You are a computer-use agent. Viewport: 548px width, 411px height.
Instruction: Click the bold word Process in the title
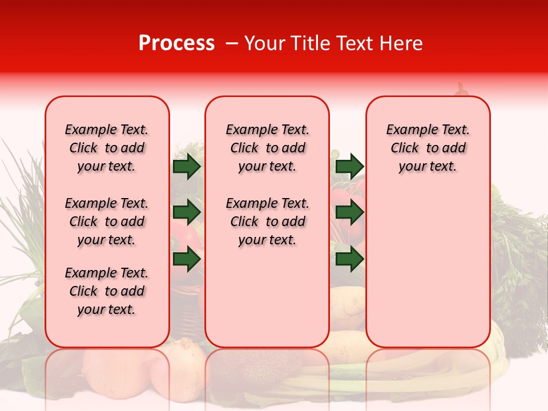point(176,43)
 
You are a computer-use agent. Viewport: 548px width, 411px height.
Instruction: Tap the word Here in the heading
point(400,43)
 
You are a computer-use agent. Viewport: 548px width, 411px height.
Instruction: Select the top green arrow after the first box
point(186,166)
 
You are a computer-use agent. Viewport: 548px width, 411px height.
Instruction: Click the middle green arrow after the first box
point(186,212)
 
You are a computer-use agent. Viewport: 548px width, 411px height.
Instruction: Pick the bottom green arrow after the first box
point(186,259)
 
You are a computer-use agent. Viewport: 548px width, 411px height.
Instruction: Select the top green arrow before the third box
point(349,166)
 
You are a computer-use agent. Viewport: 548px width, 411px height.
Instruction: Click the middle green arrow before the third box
point(349,212)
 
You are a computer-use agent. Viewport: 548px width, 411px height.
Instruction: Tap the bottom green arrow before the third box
point(349,259)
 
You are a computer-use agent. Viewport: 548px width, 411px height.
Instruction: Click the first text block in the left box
point(107,148)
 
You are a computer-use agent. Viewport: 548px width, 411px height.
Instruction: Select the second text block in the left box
point(107,221)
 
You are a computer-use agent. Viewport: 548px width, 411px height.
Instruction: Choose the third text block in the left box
point(107,291)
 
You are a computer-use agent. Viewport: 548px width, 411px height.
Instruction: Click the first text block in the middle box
point(267,148)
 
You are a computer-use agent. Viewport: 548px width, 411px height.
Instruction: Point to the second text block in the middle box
point(267,221)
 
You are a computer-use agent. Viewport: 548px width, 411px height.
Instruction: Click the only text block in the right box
point(428,148)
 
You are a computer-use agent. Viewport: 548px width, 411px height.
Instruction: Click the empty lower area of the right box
point(428,274)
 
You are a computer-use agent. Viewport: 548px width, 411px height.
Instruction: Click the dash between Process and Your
point(231,43)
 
